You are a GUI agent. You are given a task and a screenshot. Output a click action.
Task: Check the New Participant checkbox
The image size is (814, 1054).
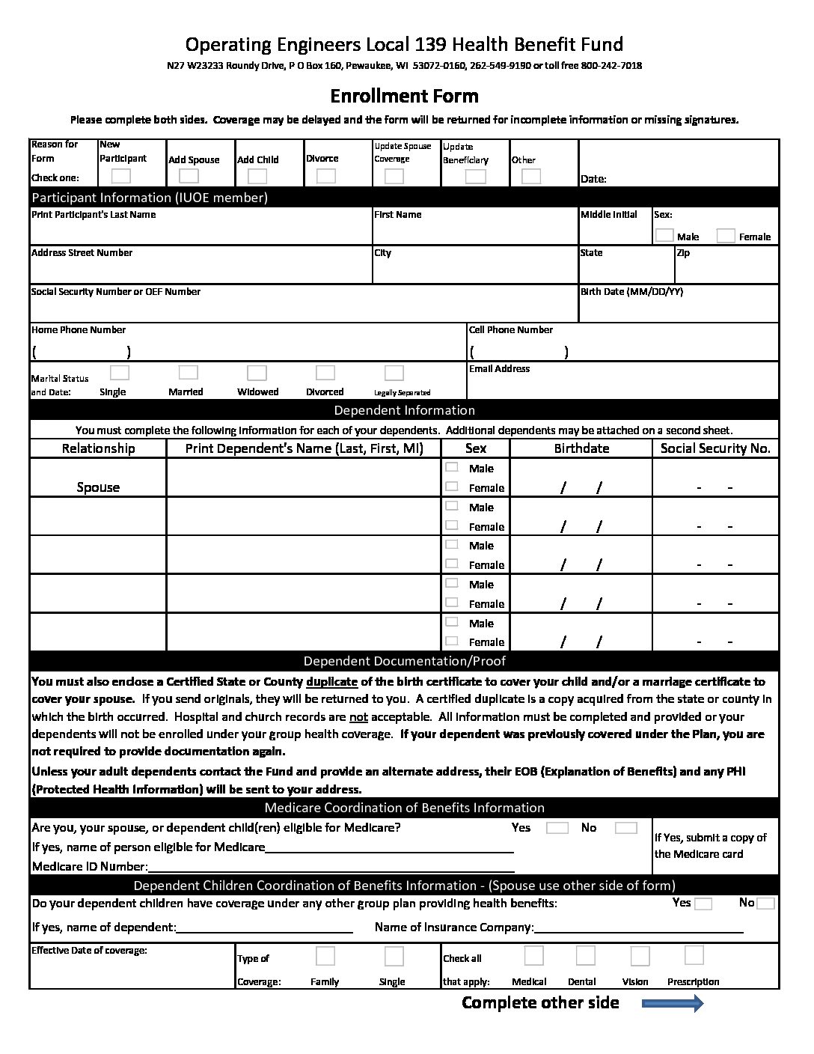click(120, 176)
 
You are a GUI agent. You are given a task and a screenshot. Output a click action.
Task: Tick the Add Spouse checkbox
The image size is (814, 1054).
click(189, 176)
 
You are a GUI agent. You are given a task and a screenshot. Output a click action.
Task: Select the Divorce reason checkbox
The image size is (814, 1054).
click(325, 176)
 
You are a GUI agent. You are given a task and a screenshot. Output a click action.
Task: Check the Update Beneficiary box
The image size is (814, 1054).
click(475, 177)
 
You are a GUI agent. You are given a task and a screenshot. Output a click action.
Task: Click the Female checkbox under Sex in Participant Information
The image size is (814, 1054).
click(726, 236)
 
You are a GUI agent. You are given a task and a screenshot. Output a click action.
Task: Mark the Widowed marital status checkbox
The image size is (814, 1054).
click(257, 373)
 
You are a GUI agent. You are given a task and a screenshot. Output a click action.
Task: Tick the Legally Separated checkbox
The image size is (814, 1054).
click(394, 373)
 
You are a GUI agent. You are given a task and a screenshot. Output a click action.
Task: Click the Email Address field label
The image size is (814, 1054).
click(499, 368)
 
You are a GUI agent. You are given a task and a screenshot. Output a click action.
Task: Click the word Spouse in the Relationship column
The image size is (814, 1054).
click(98, 487)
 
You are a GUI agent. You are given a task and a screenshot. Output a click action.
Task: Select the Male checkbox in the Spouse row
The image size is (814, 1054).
click(451, 467)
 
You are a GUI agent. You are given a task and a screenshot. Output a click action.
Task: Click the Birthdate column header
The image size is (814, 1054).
click(581, 448)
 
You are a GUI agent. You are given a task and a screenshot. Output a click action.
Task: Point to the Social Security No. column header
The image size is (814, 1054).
click(715, 448)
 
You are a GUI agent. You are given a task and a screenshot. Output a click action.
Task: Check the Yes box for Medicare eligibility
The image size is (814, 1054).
click(557, 828)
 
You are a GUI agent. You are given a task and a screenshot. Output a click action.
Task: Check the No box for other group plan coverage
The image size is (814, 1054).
click(765, 904)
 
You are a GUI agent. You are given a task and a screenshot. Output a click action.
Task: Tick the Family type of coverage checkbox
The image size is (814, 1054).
click(325, 956)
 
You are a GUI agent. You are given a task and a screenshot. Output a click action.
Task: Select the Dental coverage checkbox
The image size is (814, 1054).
click(585, 956)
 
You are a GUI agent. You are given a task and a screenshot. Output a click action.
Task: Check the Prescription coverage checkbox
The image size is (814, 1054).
click(694, 955)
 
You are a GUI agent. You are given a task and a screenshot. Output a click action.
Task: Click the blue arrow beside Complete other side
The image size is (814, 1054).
click(673, 1003)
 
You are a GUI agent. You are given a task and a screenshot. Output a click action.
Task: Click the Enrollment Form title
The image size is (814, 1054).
click(404, 96)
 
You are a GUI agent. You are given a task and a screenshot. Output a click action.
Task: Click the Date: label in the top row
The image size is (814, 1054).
click(593, 179)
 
